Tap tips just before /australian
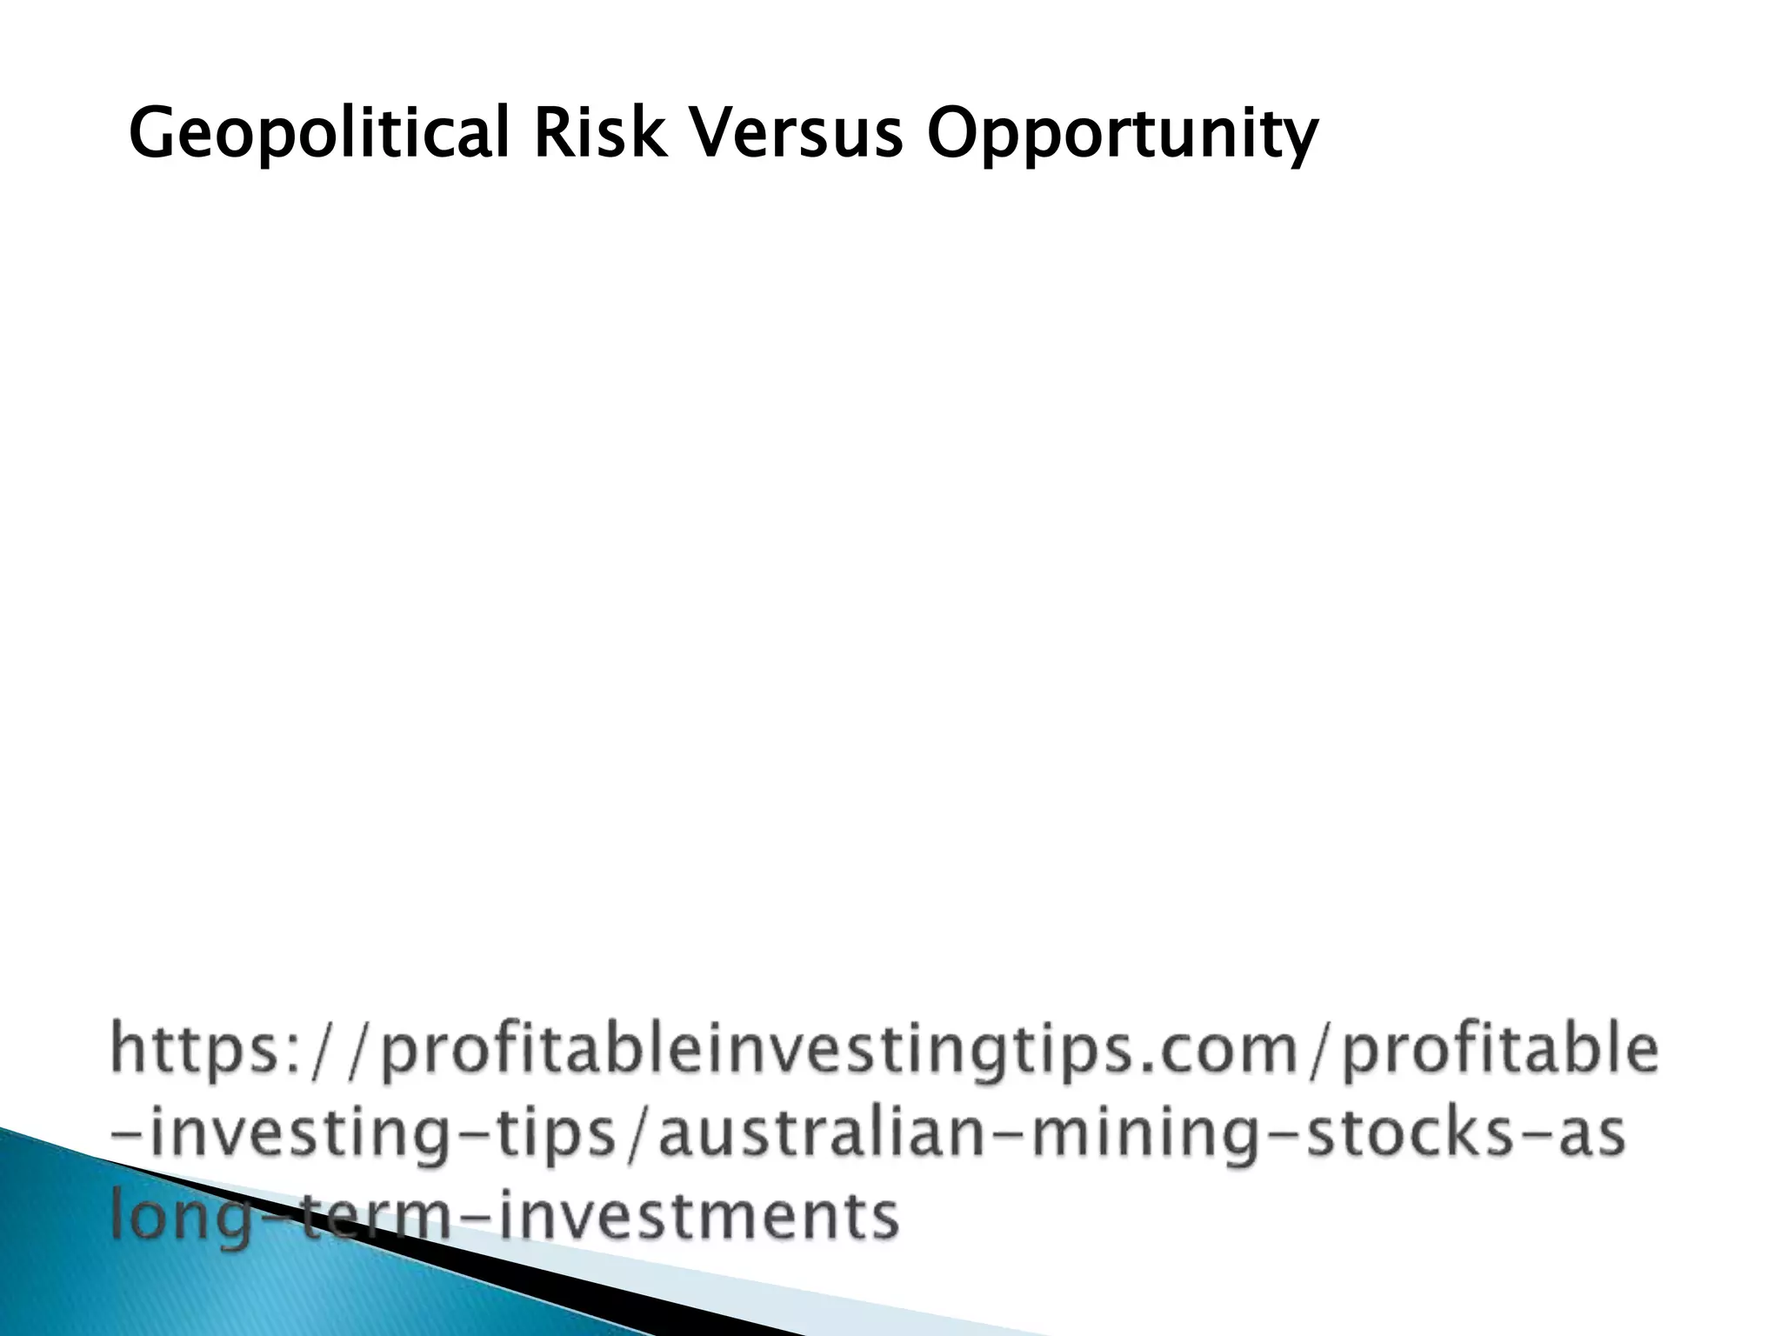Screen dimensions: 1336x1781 point(564,1136)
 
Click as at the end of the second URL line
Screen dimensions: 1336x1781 point(1591,1136)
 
